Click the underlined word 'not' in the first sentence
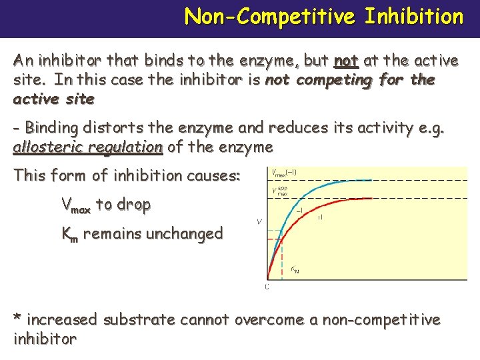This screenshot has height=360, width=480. point(346,61)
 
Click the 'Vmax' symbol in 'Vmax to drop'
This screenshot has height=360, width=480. point(75,205)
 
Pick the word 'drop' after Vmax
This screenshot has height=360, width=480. point(132,205)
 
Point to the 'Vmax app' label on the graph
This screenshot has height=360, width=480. point(280,191)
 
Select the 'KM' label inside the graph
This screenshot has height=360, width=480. point(295,270)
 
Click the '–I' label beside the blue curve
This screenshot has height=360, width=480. point(298,211)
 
